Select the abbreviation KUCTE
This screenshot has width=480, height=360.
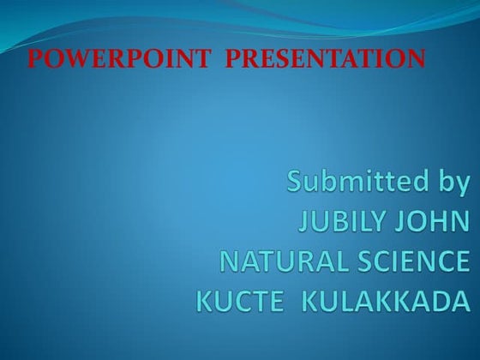coord(237,302)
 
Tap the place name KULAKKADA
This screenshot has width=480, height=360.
coord(388,302)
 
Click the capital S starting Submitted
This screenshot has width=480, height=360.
coord(297,182)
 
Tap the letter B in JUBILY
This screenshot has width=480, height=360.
coord(342,223)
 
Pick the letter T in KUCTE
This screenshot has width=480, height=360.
coord(255,302)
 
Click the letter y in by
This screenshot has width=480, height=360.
coord(459,185)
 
